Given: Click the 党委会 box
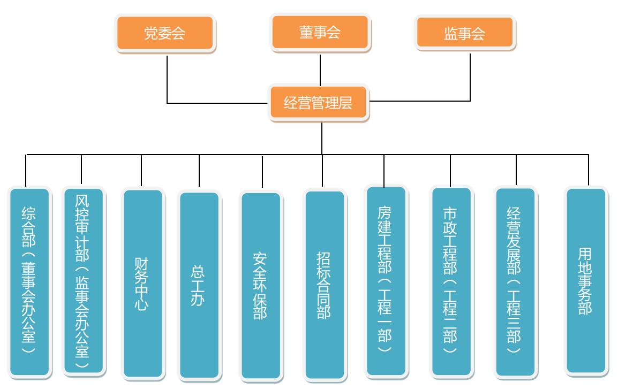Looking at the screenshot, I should [x=165, y=33].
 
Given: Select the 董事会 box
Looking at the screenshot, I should [x=320, y=32].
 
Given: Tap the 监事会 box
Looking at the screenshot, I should [x=465, y=33].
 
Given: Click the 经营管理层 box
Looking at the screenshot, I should [x=319, y=102].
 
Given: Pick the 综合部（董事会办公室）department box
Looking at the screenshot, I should [x=29, y=282].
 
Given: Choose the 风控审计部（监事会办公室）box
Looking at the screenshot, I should [x=83, y=282].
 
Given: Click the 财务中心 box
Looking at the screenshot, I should [x=142, y=284].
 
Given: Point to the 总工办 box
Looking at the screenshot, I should [x=199, y=285].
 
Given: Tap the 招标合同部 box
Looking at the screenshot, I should [x=324, y=285].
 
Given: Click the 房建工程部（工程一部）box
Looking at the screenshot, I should [x=386, y=281].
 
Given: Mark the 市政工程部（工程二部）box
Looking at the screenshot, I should [x=451, y=282].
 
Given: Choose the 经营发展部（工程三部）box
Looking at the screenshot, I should [x=515, y=282].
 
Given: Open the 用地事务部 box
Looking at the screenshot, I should [x=586, y=281].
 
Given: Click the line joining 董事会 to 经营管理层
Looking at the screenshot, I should [x=320, y=70].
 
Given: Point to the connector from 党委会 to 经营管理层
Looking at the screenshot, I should [x=167, y=80].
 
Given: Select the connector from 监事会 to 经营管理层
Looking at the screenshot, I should [x=470, y=78].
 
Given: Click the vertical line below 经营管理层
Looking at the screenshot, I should [x=322, y=138].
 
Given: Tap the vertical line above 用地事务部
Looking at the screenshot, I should [x=589, y=170].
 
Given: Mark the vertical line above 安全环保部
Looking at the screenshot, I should [x=262, y=171].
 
